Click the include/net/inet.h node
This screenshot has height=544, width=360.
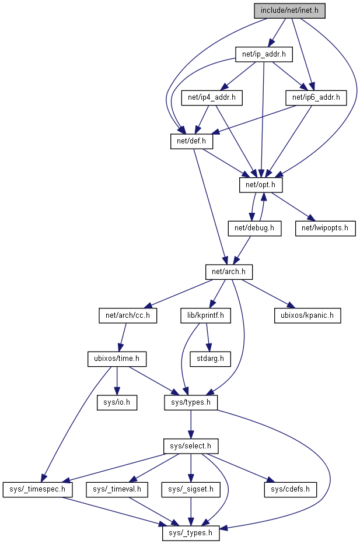(x=289, y=10)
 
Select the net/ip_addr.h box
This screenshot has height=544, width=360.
(x=263, y=55)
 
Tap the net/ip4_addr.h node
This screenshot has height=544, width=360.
(x=212, y=98)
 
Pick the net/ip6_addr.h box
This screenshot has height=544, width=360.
(x=316, y=98)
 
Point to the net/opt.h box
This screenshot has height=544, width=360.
(x=261, y=184)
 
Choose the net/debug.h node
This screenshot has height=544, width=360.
(x=254, y=227)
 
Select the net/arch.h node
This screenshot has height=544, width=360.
(x=228, y=271)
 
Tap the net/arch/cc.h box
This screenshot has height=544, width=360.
(x=128, y=315)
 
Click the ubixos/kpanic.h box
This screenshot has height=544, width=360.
(x=307, y=315)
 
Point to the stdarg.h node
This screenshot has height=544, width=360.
(x=210, y=359)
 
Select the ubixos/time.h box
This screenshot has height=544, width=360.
(x=116, y=359)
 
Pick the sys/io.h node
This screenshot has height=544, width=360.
(x=117, y=402)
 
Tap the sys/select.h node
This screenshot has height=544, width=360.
(x=190, y=446)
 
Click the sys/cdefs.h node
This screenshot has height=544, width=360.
(x=291, y=489)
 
